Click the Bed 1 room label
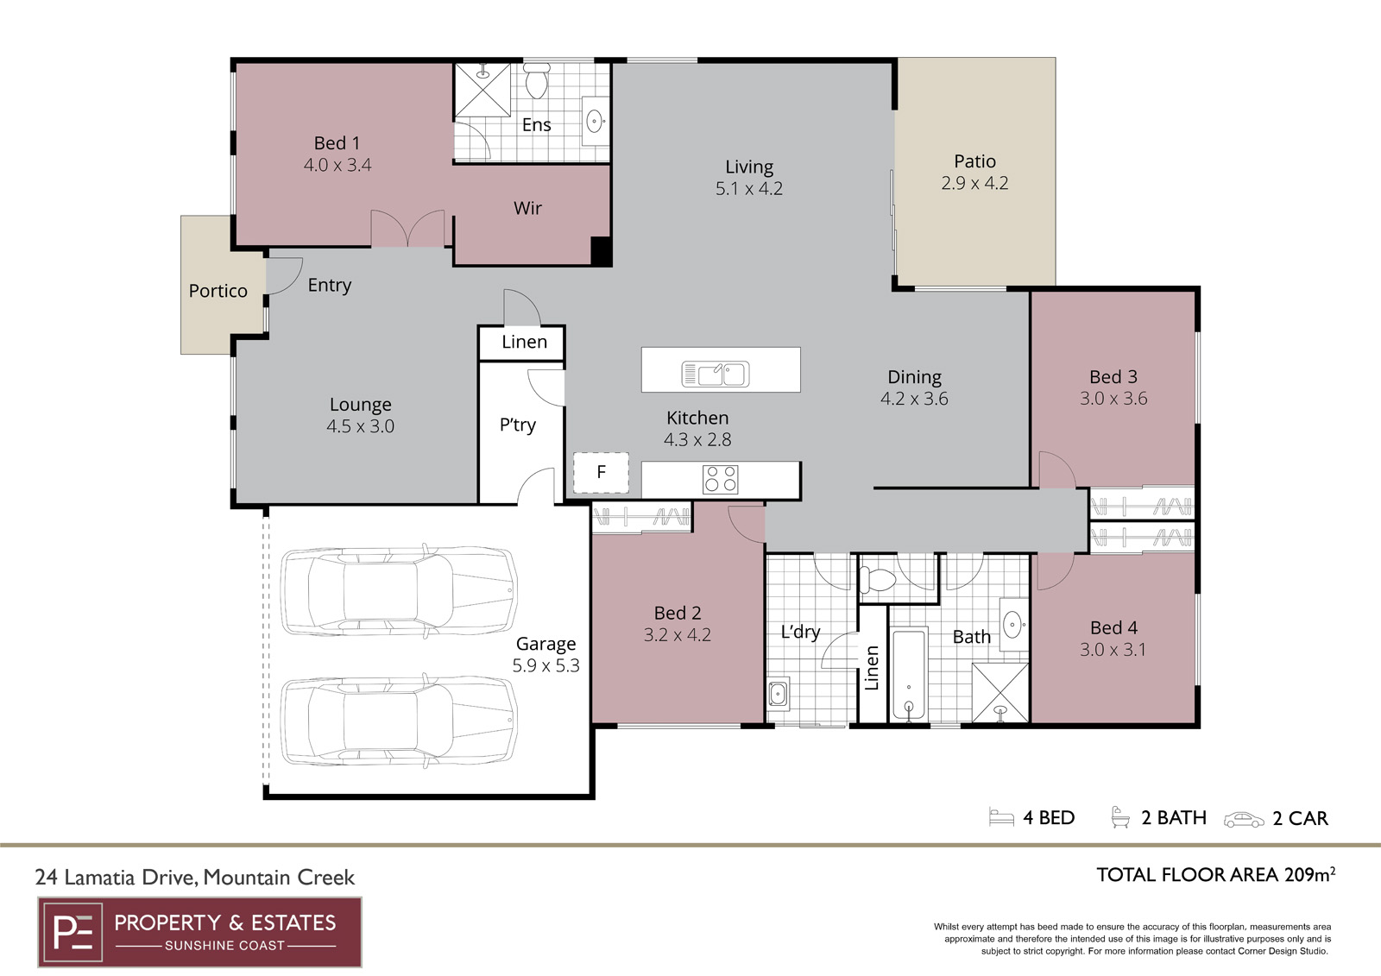pyautogui.click(x=337, y=143)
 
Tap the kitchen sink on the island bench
pyautogui.click(x=716, y=375)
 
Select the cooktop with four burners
pyautogui.click(x=721, y=479)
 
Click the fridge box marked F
pyautogui.click(x=601, y=472)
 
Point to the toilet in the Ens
pyautogui.click(x=536, y=80)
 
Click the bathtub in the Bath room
pyautogui.click(x=909, y=675)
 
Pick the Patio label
pyautogui.click(x=974, y=161)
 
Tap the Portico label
pyautogui.click(x=218, y=291)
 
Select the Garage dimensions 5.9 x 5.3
pyautogui.click(x=546, y=666)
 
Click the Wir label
pyautogui.click(x=527, y=208)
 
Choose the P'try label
pyautogui.click(x=518, y=425)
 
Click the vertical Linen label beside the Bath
pyautogui.click(x=872, y=668)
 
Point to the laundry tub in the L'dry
pyautogui.click(x=778, y=694)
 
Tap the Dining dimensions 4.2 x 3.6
pyautogui.click(x=914, y=399)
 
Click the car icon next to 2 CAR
pyautogui.click(x=1244, y=820)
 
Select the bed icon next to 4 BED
pyautogui.click(x=1001, y=816)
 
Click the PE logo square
pyautogui.click(x=73, y=932)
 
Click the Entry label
pyautogui.click(x=329, y=286)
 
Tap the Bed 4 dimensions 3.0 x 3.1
pyautogui.click(x=1113, y=649)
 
